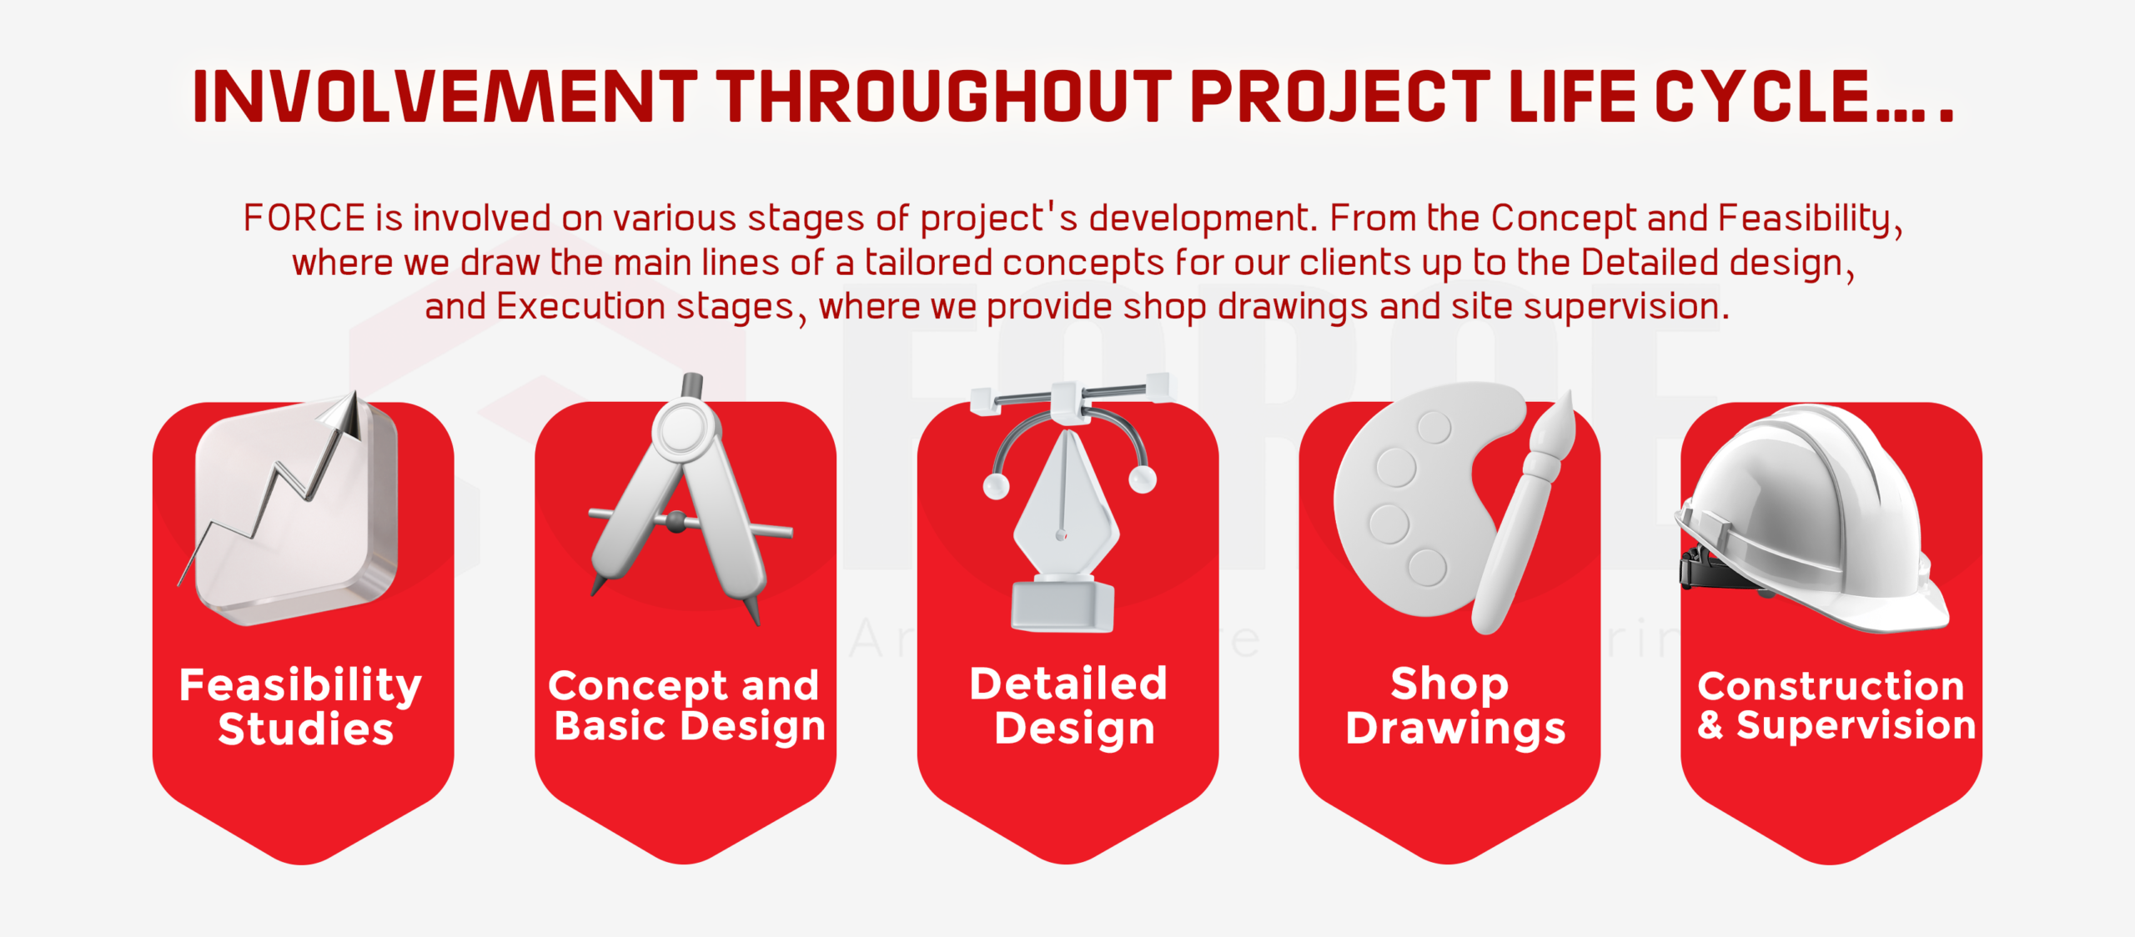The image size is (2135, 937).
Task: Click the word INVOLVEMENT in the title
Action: pyautogui.click(x=445, y=97)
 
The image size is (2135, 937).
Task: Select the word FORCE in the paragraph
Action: pyautogui.click(x=304, y=218)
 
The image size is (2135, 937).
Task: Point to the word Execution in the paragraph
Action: pyautogui.click(x=581, y=307)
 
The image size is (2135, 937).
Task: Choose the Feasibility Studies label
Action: pyautogui.click(x=302, y=706)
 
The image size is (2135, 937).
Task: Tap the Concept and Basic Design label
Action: pyautogui.click(x=686, y=705)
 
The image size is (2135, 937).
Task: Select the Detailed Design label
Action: pyautogui.click(x=1068, y=705)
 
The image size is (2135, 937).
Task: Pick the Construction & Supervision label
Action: pyautogui.click(x=1836, y=705)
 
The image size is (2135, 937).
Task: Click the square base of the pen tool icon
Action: pyautogui.click(x=1062, y=605)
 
